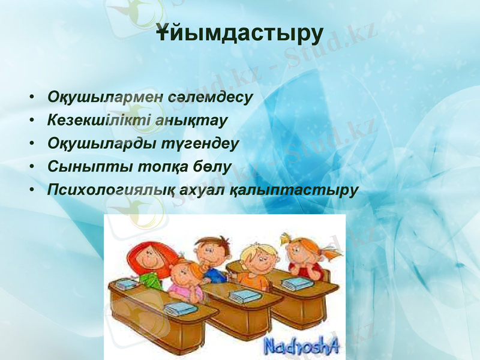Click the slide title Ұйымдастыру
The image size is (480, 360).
pyautogui.click(x=239, y=34)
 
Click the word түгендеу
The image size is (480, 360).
pyautogui.click(x=202, y=144)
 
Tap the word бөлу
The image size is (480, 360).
pyautogui.click(x=212, y=167)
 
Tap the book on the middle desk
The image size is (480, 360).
pyautogui.click(x=242, y=296)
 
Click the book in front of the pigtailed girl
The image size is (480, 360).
pyautogui.click(x=298, y=283)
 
